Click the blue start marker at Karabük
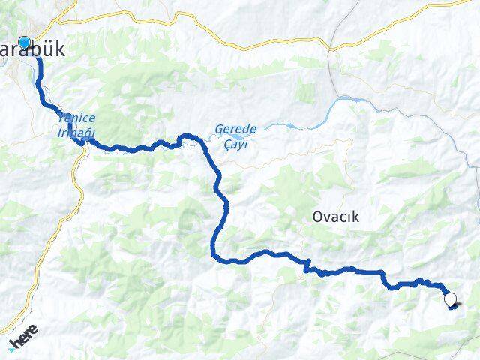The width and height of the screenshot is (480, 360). [x=24, y=43]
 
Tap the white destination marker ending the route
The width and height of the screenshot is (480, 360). [x=450, y=300]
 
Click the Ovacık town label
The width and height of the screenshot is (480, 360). [x=336, y=217]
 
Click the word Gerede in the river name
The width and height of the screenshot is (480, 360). [x=235, y=129]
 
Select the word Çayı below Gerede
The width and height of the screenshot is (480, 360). [x=235, y=142]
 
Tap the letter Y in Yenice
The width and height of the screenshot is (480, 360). [x=58, y=118]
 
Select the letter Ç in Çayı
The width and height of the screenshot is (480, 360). [x=227, y=142]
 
